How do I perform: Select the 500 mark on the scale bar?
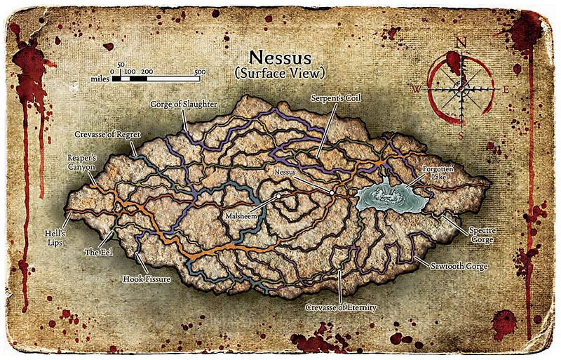pyautogui.click(x=200, y=72)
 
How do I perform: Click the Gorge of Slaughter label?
pyautogui.click(x=184, y=104)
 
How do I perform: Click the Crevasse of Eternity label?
pyautogui.click(x=342, y=307)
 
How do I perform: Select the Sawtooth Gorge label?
pyautogui.click(x=459, y=267)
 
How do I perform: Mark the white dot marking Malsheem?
pyautogui.click(x=278, y=196)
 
